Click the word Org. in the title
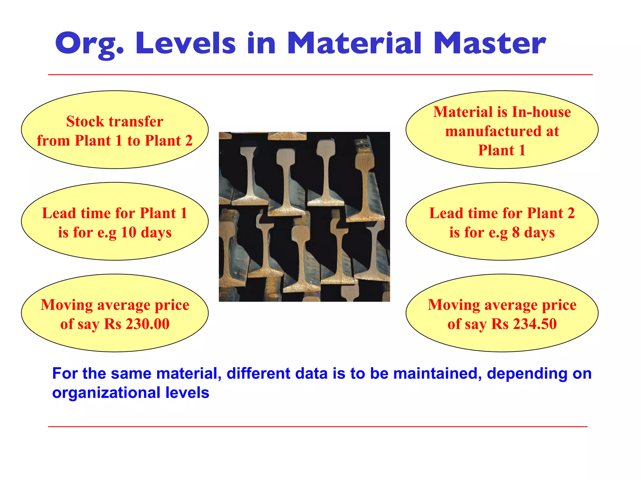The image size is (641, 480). pyautogui.click(x=90, y=44)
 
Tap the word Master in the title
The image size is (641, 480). pyautogui.click(x=490, y=44)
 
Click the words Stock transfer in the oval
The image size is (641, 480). pyautogui.click(x=115, y=122)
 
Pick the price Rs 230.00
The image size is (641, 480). pyautogui.click(x=137, y=324)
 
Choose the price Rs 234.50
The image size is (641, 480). pyautogui.click(x=524, y=324)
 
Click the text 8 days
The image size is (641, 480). pyautogui.click(x=533, y=232)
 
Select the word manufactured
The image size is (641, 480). pyautogui.click(x=493, y=131)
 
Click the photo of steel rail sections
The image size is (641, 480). pyautogui.click(x=304, y=217)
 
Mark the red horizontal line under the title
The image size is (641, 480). pyautogui.click(x=320, y=75)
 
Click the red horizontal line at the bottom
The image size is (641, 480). pyautogui.click(x=317, y=426)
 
